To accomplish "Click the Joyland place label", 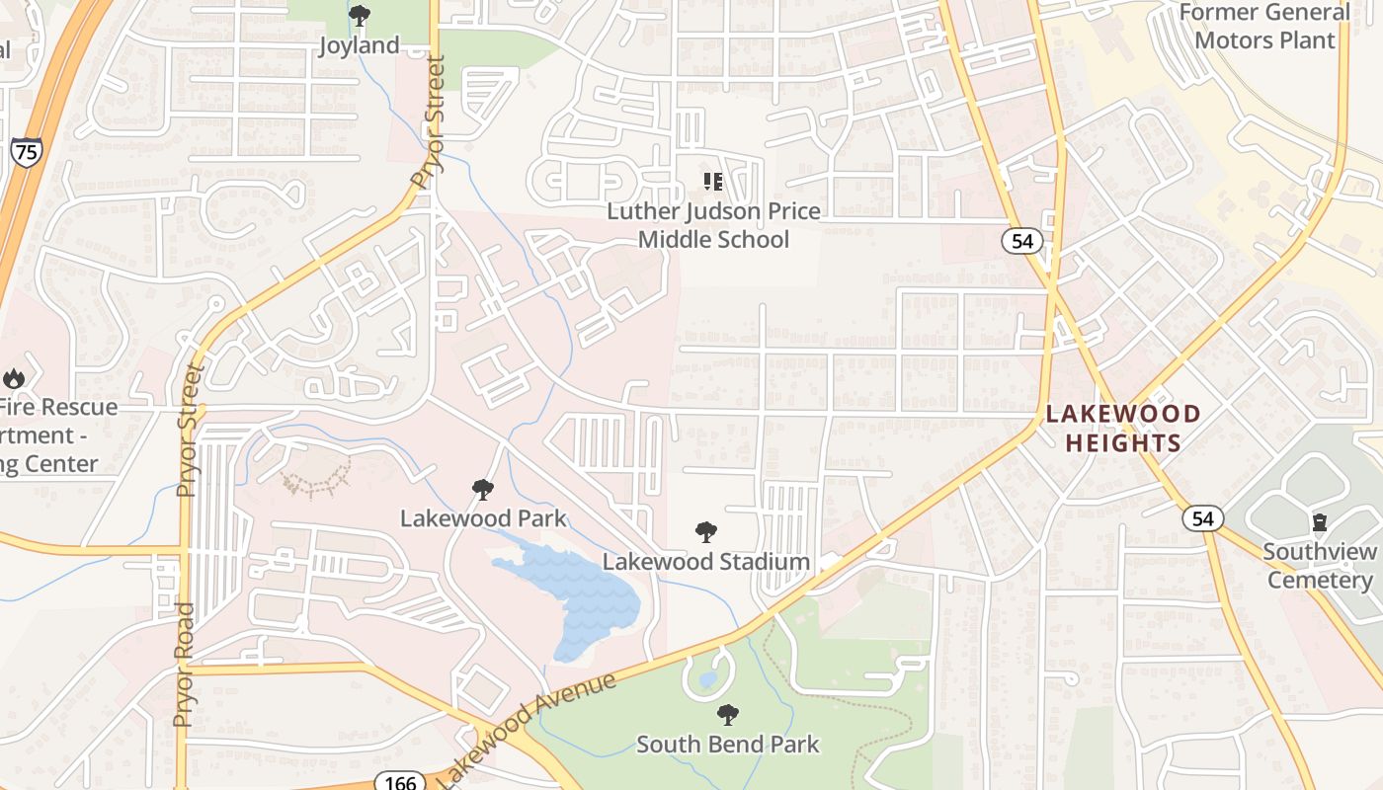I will [x=359, y=45].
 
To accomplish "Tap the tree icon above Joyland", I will [x=360, y=16].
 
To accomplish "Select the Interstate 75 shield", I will [x=27, y=152].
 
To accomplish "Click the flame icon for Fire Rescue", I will [x=14, y=377].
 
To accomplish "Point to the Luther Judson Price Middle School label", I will [x=713, y=225].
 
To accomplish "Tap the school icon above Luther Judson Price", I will [x=712, y=181].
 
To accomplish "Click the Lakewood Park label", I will [x=483, y=517].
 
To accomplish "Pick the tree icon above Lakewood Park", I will [x=483, y=489].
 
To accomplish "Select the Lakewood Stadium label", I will [x=706, y=561].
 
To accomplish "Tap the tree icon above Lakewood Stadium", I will [x=706, y=532].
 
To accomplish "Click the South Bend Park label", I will [x=728, y=744].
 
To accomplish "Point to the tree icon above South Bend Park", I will [x=728, y=714].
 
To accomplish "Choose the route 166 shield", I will [x=400, y=782].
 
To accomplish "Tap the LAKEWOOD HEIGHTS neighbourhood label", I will [x=1123, y=428].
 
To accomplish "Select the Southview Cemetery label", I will [x=1320, y=565].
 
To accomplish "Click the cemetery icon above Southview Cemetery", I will [x=1320, y=521].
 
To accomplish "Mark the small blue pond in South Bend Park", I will [x=707, y=680].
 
